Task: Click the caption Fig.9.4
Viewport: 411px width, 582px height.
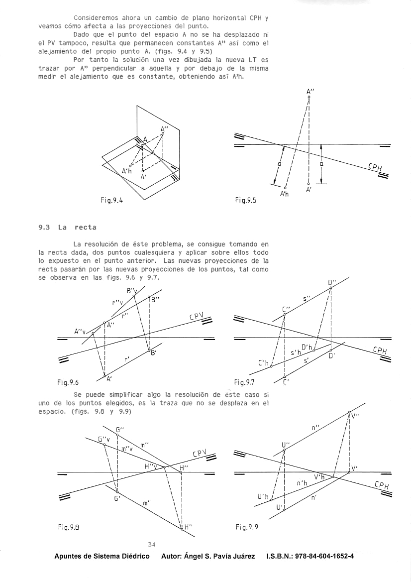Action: pos(111,201)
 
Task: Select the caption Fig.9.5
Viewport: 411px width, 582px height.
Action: pos(246,201)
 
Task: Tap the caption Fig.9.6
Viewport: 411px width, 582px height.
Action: pos(69,382)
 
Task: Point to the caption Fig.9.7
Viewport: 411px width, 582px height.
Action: pos(245,382)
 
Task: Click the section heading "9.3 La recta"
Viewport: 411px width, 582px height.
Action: pos(68,227)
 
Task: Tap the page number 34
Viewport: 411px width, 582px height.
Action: pos(151,545)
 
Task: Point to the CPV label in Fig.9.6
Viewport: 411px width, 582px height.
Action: pos(197,317)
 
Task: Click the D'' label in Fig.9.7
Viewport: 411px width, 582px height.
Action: pos(332,283)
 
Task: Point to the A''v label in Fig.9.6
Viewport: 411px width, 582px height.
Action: pos(80,331)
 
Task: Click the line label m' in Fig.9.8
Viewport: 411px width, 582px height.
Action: pos(146,503)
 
